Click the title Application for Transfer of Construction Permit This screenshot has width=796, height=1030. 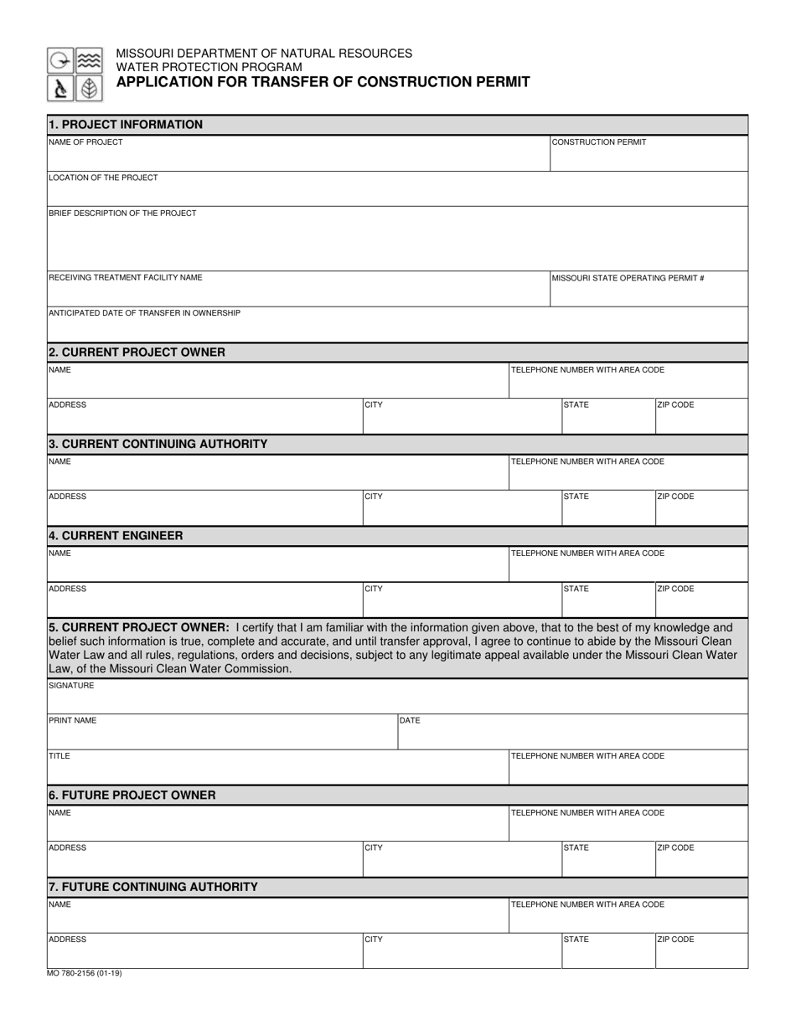tap(323, 82)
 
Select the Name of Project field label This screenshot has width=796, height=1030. tap(85, 142)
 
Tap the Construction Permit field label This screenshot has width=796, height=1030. tap(599, 142)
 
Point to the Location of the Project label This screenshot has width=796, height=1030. tap(103, 178)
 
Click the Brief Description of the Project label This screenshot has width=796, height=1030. tap(122, 214)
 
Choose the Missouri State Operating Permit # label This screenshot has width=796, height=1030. tap(628, 278)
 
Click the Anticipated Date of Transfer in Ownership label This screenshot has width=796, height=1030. tap(144, 313)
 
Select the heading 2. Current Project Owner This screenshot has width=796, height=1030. tap(137, 353)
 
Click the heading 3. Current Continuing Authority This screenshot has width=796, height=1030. tap(158, 444)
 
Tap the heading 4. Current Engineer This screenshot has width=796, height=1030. tap(116, 536)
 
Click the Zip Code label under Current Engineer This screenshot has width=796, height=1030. tap(675, 589)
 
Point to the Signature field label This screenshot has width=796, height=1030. tap(71, 686)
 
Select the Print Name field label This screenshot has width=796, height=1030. tap(73, 721)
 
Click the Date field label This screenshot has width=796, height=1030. tap(410, 721)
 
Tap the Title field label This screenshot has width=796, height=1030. tap(59, 756)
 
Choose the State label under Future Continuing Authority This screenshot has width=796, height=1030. tap(576, 940)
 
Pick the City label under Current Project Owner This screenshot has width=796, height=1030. tap(374, 405)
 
